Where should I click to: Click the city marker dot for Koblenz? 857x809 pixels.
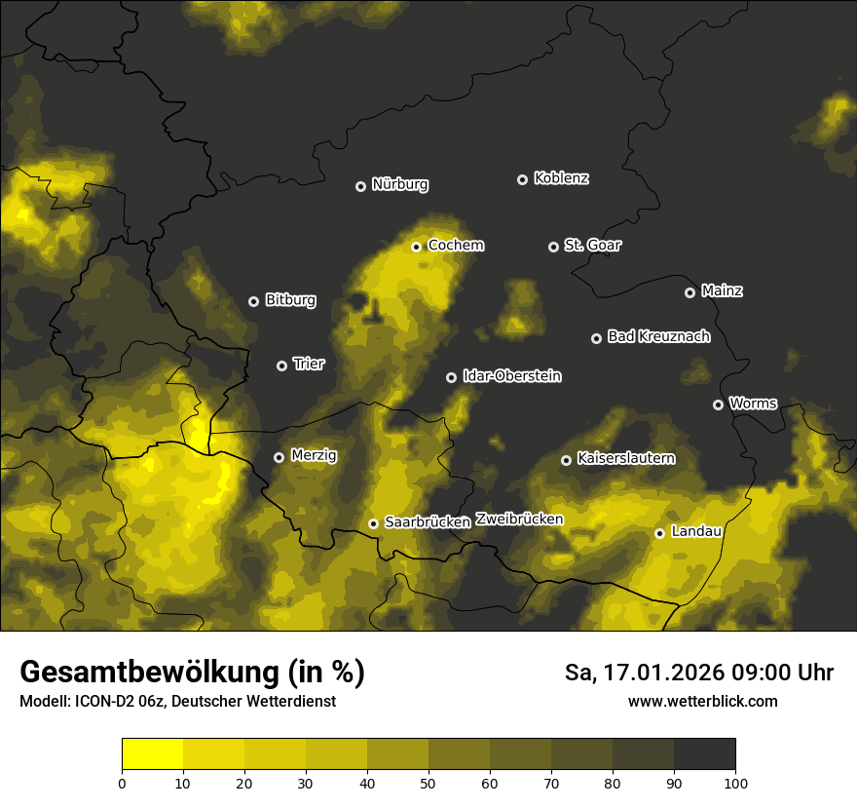pyautogui.click(x=522, y=179)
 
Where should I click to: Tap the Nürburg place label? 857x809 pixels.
pyautogui.click(x=399, y=184)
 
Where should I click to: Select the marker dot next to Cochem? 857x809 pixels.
pyautogui.click(x=416, y=247)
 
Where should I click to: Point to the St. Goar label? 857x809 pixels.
pyautogui.click(x=592, y=245)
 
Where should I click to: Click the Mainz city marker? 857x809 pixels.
pyautogui.click(x=689, y=292)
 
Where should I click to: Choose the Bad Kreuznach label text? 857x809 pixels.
pyautogui.click(x=658, y=336)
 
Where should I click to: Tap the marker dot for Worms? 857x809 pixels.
pyautogui.click(x=718, y=404)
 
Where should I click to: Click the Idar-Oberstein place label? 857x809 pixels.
pyautogui.click(x=511, y=375)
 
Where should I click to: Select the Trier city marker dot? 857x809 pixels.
pyautogui.click(x=281, y=366)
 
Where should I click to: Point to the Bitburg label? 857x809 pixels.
pyautogui.click(x=290, y=300)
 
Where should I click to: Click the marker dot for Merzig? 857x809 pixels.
pyautogui.click(x=279, y=457)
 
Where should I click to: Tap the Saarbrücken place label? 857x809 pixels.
pyautogui.click(x=428, y=522)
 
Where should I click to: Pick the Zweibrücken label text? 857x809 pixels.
pyautogui.click(x=519, y=520)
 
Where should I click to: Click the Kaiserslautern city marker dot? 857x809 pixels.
pyautogui.click(x=566, y=460)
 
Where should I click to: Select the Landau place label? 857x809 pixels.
pyautogui.click(x=696, y=531)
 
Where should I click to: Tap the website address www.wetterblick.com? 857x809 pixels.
pyautogui.click(x=702, y=701)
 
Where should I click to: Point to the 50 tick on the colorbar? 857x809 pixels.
pyautogui.click(x=428, y=782)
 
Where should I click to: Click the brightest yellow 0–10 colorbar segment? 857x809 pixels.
pyautogui.click(x=152, y=754)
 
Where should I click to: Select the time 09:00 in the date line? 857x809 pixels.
pyautogui.click(x=740, y=673)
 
